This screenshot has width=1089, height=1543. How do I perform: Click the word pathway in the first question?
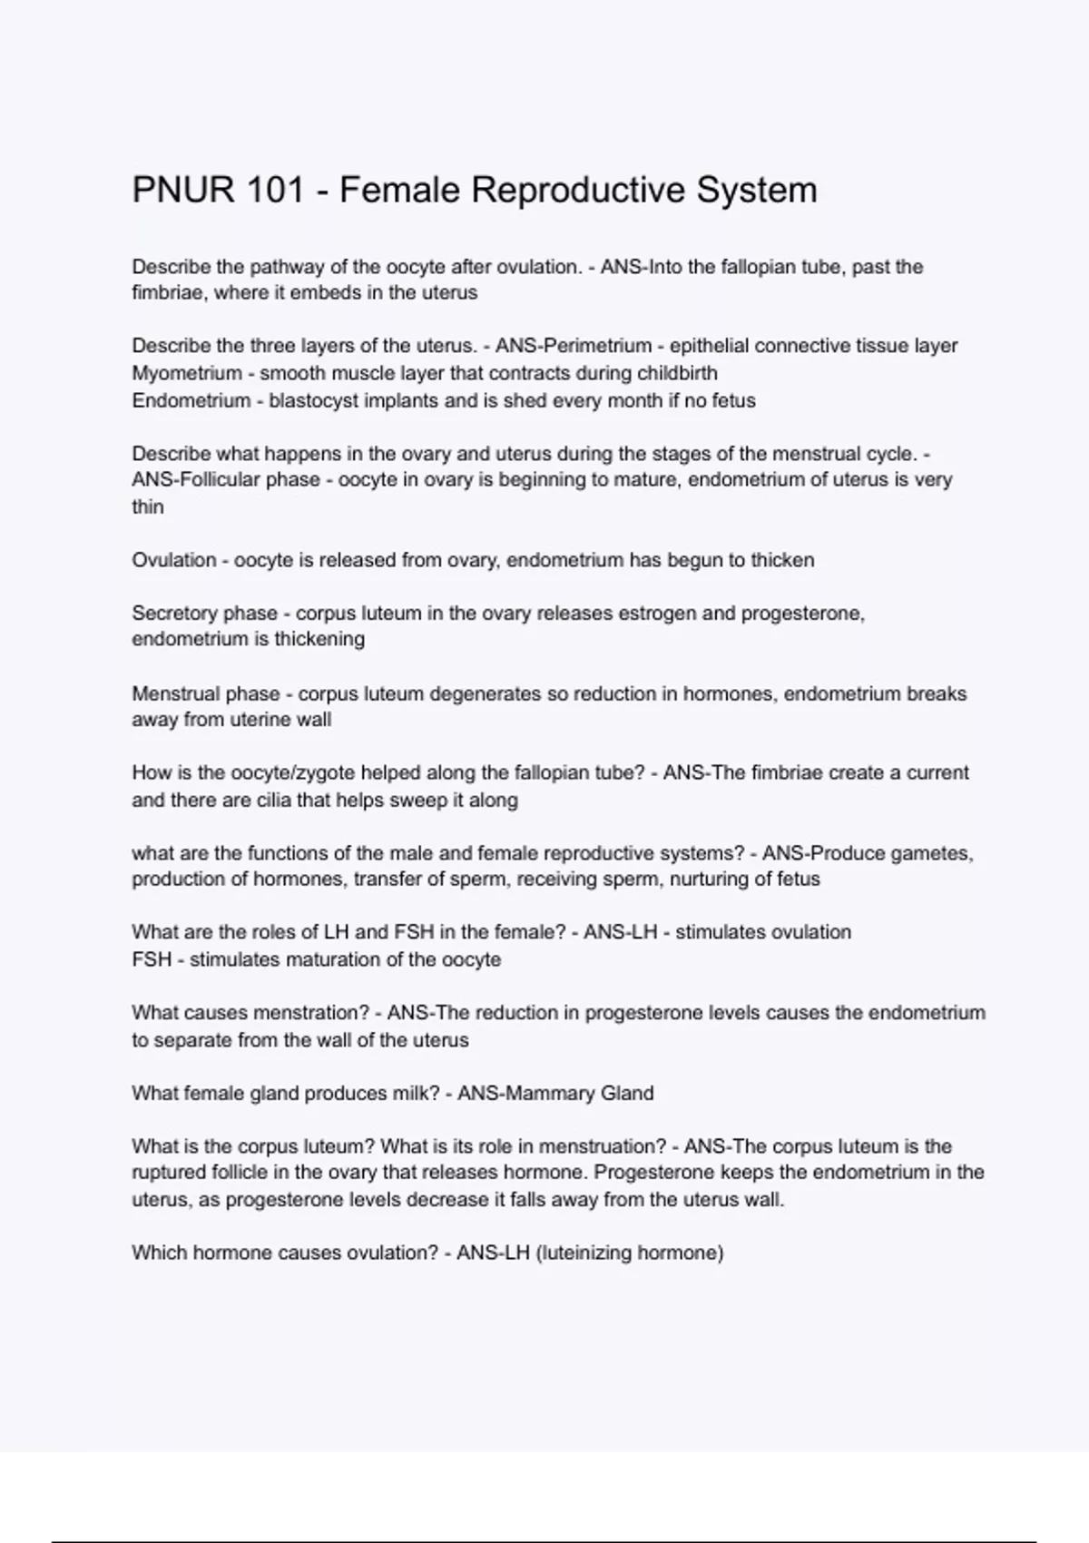coord(280,267)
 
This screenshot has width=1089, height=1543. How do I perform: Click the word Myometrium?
coord(187,373)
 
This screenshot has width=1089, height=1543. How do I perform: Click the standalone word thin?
coord(148,506)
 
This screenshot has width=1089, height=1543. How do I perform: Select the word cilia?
coord(315,801)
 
